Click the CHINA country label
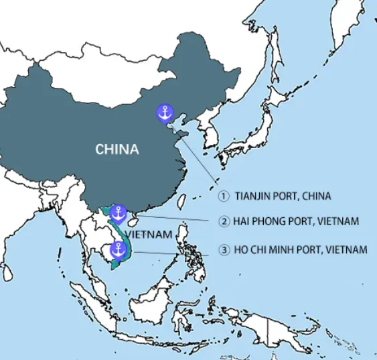[117, 149]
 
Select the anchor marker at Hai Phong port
[118, 214]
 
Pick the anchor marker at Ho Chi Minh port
[118, 251]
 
